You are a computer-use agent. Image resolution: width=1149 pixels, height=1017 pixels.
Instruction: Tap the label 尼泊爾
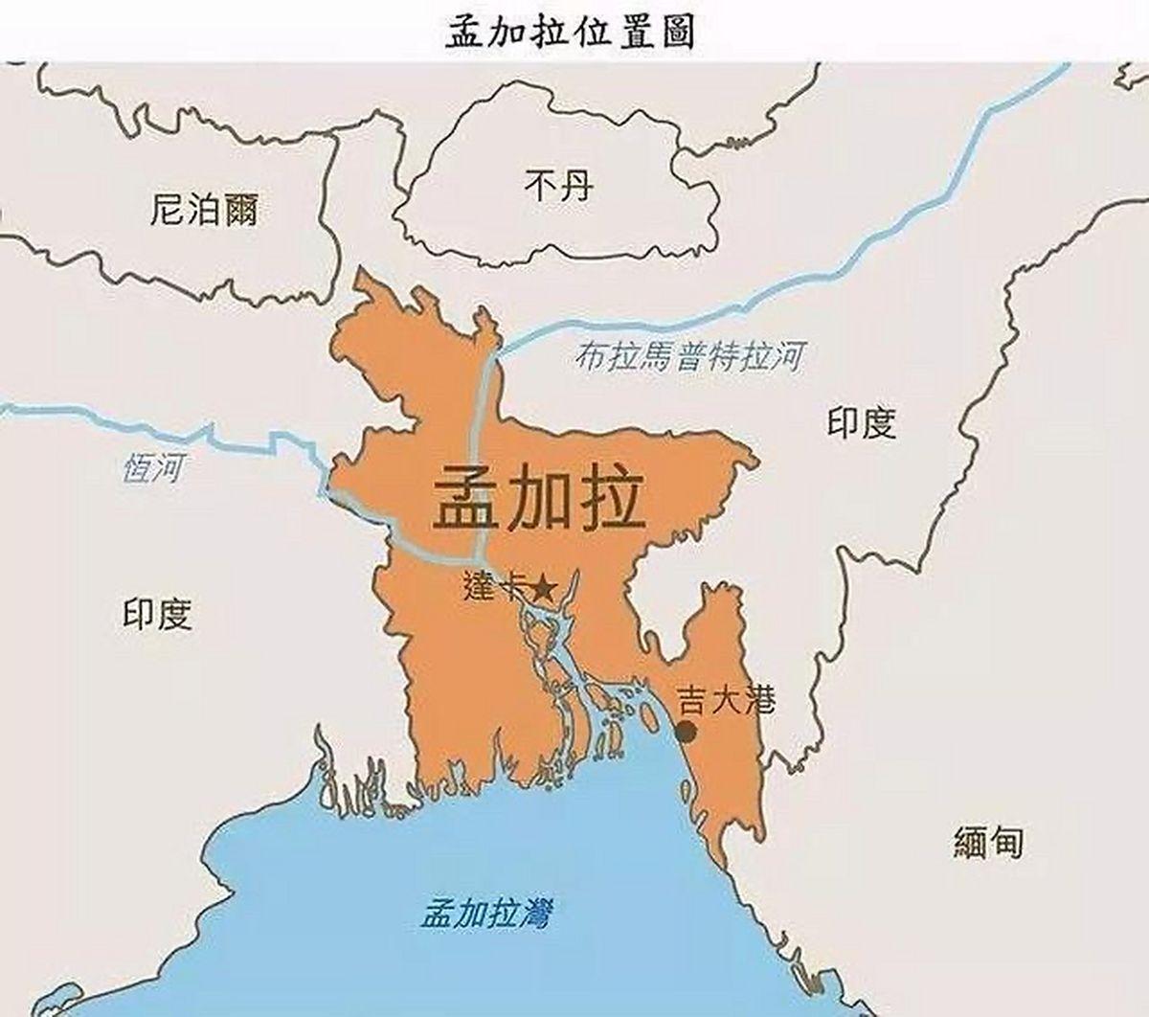pos(204,209)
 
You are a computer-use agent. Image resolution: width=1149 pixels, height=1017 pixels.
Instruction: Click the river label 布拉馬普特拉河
pos(688,358)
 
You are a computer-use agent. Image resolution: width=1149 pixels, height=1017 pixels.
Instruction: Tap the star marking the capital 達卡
pos(543,588)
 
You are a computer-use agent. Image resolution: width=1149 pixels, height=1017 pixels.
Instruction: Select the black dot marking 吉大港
pos(686,733)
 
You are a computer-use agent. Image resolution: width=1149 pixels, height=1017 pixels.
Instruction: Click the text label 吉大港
pos(725,701)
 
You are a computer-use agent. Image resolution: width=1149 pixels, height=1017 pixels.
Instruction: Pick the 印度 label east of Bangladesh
pos(862,422)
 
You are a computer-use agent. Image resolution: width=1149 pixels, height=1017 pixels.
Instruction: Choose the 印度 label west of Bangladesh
pos(158,615)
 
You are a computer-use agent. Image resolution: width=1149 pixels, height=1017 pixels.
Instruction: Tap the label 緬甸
pos(989,842)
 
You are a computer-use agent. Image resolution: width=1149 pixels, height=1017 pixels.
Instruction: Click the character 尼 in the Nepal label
pos(168,209)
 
